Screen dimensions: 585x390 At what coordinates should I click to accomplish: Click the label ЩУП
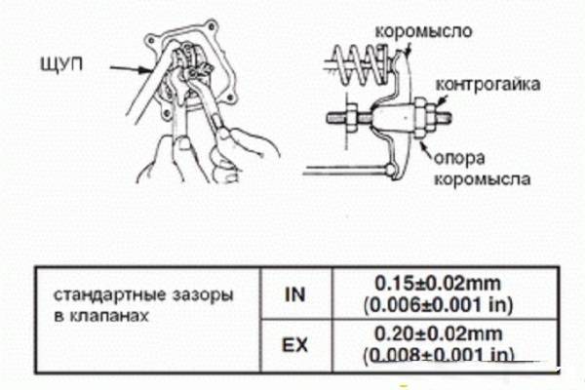tap(61, 64)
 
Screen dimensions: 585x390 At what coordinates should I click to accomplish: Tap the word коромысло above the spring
tap(423, 31)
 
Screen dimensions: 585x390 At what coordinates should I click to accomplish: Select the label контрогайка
tap(488, 85)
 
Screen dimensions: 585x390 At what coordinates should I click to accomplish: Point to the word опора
tap(459, 158)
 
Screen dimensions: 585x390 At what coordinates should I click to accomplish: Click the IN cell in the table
tap(295, 294)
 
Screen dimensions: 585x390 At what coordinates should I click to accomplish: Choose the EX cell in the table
tap(295, 345)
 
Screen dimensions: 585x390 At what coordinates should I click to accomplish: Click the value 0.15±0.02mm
tap(437, 284)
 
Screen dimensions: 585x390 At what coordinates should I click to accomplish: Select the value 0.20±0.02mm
tap(438, 333)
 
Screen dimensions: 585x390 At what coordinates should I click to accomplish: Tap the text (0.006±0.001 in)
tap(438, 305)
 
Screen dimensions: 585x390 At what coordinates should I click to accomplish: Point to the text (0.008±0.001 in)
tap(438, 355)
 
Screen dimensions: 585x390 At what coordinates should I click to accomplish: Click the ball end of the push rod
tap(391, 170)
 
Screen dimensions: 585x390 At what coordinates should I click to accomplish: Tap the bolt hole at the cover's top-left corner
tap(151, 40)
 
